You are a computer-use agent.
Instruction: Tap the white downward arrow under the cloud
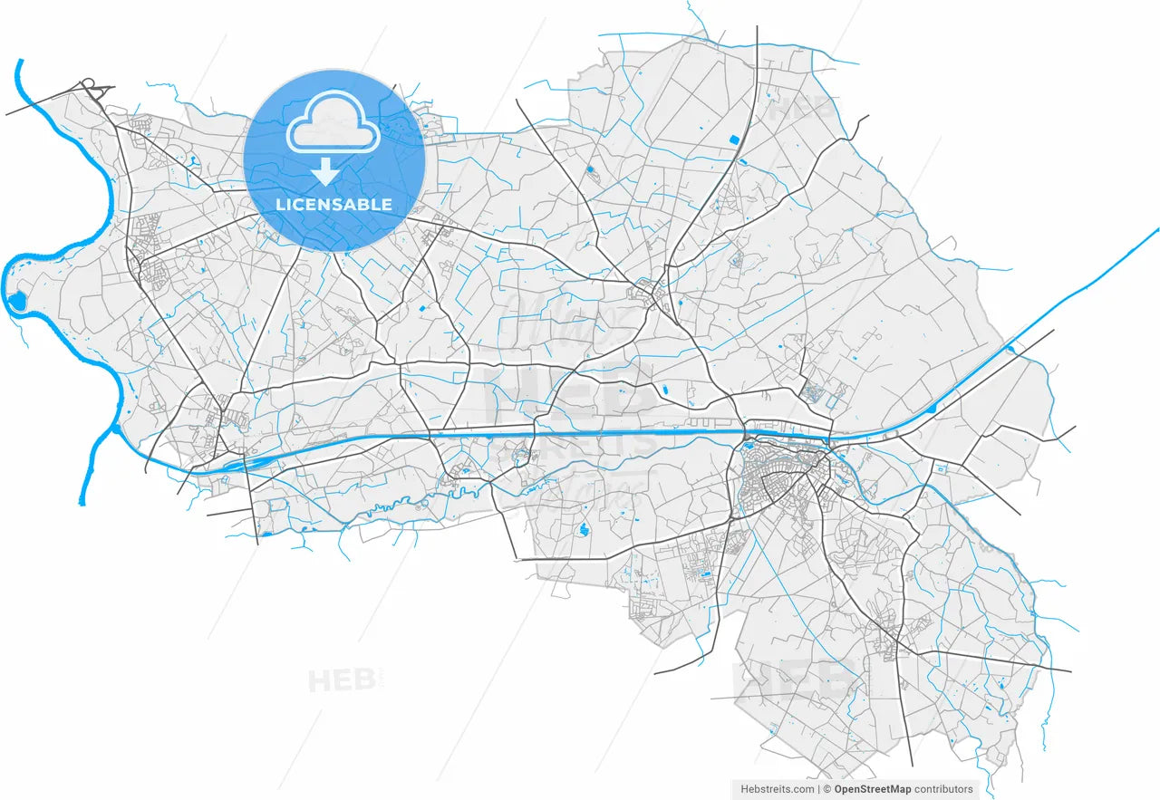[324, 171]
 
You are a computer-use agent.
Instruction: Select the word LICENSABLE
[333, 205]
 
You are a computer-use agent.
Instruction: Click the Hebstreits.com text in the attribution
[778, 789]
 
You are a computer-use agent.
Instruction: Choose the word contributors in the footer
[944, 789]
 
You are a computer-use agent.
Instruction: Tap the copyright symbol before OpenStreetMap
[826, 789]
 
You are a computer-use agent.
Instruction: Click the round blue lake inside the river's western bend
[15, 301]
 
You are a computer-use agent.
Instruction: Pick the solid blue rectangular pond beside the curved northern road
[734, 140]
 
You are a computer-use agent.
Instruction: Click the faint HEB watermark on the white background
[340, 680]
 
